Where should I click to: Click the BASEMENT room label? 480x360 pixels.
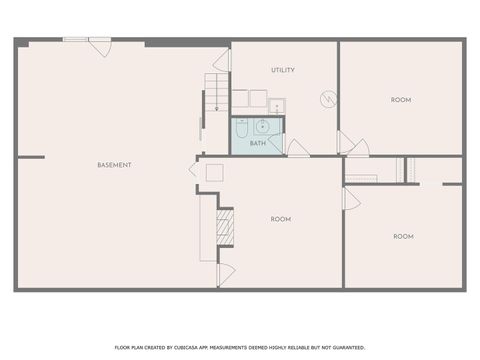[114, 164]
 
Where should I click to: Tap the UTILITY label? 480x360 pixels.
[283, 70]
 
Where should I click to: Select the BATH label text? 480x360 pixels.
[258, 144]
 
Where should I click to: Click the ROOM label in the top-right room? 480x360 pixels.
[401, 99]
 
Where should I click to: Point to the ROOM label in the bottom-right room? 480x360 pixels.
[403, 236]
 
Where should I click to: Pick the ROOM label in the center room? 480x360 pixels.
[281, 218]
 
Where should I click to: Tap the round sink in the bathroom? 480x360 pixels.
[262, 126]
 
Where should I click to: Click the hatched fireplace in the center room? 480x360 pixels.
[226, 227]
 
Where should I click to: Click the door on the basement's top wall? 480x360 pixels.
[100, 46]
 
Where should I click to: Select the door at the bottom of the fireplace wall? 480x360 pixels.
[225, 272]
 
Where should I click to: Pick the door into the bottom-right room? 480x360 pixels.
[351, 199]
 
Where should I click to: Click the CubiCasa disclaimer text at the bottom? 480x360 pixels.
[239, 346]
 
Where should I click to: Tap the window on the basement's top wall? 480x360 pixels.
[75, 40]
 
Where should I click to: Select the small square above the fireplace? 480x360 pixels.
[214, 172]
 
